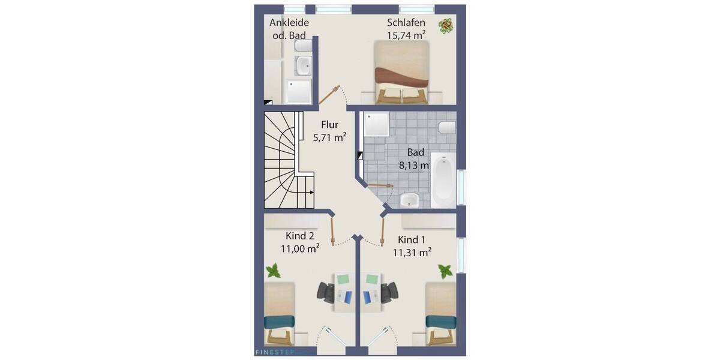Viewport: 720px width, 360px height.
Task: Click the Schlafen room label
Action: coord(406,23)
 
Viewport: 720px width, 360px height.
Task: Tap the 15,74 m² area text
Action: coord(406,35)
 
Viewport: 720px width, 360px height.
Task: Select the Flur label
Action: coord(329,125)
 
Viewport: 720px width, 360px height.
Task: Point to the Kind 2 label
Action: coord(300,235)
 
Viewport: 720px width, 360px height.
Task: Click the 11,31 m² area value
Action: coord(412,253)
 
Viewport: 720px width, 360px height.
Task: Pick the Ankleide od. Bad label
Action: coord(289,29)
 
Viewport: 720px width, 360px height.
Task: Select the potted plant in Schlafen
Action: coord(446,26)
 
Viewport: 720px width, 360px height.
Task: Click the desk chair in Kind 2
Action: coord(327,293)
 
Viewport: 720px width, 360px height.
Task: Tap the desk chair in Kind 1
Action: coord(389,293)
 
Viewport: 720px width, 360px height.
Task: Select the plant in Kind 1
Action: coord(445,271)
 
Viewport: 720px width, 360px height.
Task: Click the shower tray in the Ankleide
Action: coord(300,92)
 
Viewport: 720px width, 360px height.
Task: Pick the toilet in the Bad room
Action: coord(447,128)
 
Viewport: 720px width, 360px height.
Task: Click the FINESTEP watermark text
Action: coord(270,353)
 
